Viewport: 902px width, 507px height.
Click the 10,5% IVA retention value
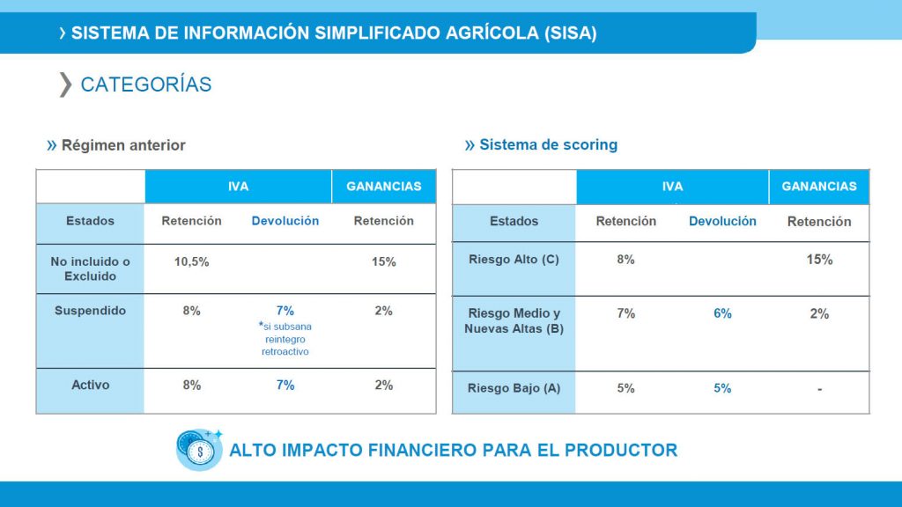[x=191, y=261]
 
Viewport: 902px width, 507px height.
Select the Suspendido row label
[x=90, y=311]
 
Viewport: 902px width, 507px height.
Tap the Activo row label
[x=90, y=385]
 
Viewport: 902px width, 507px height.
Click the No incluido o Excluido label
[x=90, y=268]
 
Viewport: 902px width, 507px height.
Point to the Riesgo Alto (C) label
[x=514, y=260]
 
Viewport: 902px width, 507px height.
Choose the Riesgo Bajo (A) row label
[x=514, y=388]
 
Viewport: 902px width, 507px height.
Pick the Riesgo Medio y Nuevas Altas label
[x=514, y=320]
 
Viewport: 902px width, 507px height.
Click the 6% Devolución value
[x=722, y=313]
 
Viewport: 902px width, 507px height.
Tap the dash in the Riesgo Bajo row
[x=819, y=389]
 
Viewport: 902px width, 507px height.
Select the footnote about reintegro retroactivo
[x=285, y=339]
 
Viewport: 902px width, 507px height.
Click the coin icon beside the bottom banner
[x=198, y=449]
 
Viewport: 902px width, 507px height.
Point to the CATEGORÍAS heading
[x=145, y=84]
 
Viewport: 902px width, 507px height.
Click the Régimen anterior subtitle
[x=123, y=145]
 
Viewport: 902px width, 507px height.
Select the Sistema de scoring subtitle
[x=548, y=144]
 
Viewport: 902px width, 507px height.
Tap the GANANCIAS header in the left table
[x=383, y=187]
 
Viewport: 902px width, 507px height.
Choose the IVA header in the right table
[x=672, y=187]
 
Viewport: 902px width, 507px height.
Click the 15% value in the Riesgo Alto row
[x=819, y=260]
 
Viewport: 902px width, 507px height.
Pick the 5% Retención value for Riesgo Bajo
[x=625, y=388]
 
